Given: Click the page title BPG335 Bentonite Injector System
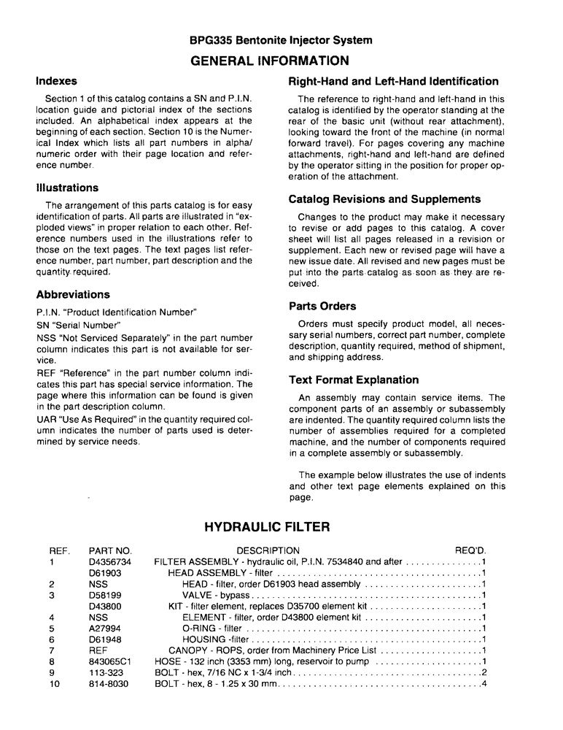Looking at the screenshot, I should point(281,41).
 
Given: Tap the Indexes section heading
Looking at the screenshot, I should point(56,81).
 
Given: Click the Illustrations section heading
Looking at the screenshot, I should point(67,188).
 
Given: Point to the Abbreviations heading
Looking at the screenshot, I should point(73,295).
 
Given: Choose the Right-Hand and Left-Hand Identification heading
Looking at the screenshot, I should point(394,82).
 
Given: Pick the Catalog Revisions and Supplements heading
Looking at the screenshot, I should point(384,199).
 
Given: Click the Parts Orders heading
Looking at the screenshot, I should point(322,307).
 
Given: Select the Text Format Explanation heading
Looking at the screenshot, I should point(354,380).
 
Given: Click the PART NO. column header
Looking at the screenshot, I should point(109,550).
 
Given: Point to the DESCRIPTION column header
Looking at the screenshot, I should point(268,550).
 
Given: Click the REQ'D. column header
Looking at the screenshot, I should point(470,550).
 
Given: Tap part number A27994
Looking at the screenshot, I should point(104,628).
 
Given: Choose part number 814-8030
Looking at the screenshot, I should point(107,684).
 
